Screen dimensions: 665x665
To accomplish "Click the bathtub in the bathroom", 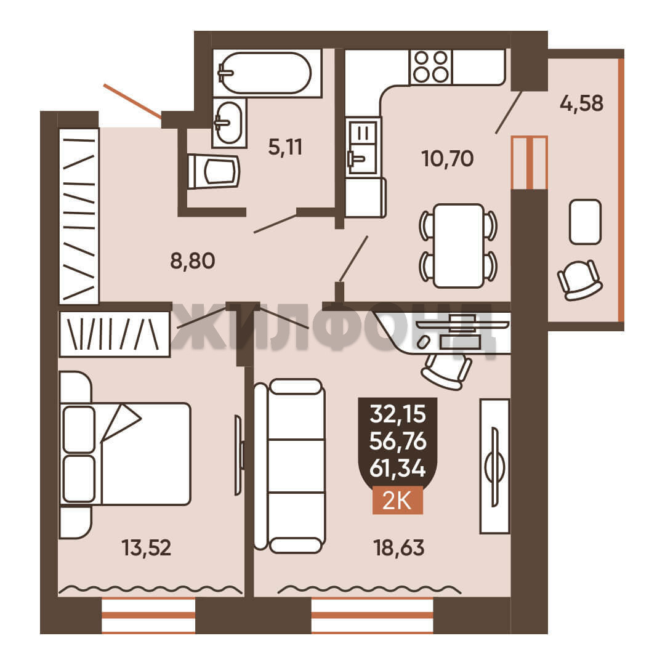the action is [x=267, y=73].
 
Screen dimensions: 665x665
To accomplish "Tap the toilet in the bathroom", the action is [x=214, y=172].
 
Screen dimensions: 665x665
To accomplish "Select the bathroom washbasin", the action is [x=229, y=123].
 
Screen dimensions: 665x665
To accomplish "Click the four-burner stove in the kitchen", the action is [x=431, y=67].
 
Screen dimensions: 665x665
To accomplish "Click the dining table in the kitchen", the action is [x=459, y=246].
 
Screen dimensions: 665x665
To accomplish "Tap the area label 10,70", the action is [x=448, y=159].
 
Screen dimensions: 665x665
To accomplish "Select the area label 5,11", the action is [x=286, y=147].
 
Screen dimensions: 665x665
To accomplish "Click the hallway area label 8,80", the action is [x=193, y=261].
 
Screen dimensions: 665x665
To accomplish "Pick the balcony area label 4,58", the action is [x=581, y=103].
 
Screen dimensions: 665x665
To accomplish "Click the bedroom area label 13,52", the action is [x=147, y=547].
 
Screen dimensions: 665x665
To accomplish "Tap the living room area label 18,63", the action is [x=398, y=547].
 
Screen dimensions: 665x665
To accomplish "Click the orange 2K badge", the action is [x=397, y=501].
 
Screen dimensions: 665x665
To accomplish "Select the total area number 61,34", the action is [x=397, y=469].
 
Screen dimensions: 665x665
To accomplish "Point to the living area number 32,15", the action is [x=397, y=414].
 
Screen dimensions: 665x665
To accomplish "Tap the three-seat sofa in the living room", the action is [x=290, y=466].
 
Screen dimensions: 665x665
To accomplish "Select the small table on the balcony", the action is [x=586, y=222].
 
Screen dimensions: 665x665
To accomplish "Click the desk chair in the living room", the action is [x=446, y=371].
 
